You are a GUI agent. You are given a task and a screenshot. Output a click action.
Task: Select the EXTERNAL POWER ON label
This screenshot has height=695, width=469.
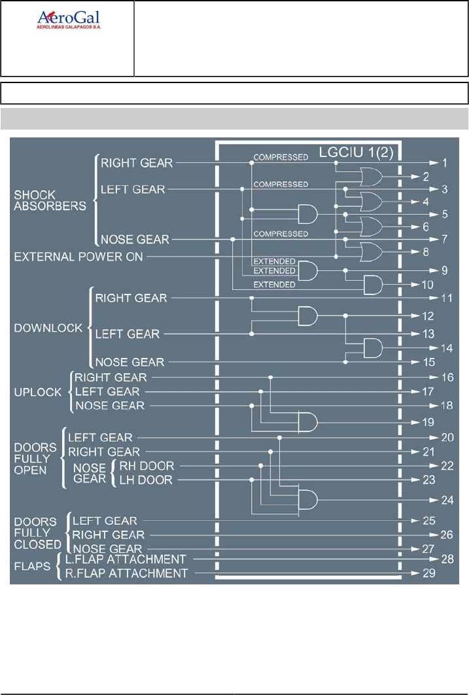pyautogui.click(x=78, y=257)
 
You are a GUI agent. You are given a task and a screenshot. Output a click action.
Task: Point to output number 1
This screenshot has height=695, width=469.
pyautogui.click(x=444, y=162)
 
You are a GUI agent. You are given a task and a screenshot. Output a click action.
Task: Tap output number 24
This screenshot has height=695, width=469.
pyautogui.click(x=446, y=501)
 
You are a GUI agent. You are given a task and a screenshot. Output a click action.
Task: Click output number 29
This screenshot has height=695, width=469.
pyautogui.click(x=446, y=573)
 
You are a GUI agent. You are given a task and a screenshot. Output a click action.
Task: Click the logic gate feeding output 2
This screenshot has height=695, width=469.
pyautogui.click(x=370, y=176)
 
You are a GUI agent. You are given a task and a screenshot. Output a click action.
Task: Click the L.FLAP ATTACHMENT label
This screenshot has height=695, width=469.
pyautogui.click(x=126, y=560)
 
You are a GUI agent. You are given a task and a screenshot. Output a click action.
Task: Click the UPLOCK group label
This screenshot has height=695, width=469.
pyautogui.click(x=38, y=392)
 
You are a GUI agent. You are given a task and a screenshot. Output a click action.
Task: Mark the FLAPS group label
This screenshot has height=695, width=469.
pyautogui.click(x=32, y=566)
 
